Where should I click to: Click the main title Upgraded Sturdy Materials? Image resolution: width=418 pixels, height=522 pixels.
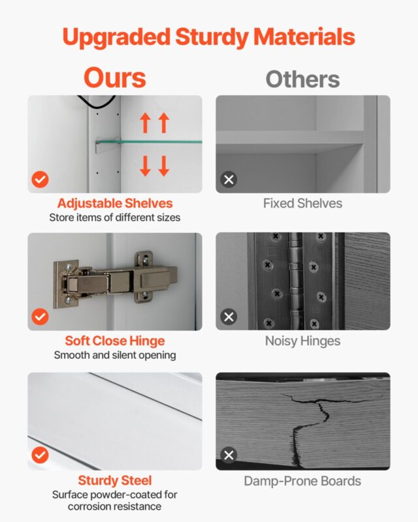point(208,38)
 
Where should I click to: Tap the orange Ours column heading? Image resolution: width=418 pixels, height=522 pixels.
point(115,78)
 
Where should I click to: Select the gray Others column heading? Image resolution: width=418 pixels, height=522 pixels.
point(302,79)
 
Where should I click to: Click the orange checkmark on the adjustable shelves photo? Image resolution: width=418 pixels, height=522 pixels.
point(40,179)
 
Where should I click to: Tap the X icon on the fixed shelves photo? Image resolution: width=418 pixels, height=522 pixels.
point(229,179)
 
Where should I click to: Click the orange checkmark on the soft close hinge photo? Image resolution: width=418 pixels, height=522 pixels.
point(40,316)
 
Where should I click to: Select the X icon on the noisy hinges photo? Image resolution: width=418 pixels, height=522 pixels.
point(229,316)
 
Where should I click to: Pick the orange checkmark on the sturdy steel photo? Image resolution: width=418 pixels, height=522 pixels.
point(40,455)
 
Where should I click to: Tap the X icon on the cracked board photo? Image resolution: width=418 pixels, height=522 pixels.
point(229,455)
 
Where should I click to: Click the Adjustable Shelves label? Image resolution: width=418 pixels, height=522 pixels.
point(115,204)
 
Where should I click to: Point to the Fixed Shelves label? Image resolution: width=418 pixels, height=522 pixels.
point(302,204)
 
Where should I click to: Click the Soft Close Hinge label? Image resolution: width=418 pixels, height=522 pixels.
point(115,341)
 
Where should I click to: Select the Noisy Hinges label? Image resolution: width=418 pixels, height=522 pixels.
point(302,341)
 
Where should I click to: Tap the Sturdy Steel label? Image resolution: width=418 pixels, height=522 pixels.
point(115,481)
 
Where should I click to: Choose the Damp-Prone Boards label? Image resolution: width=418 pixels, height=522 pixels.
point(302,482)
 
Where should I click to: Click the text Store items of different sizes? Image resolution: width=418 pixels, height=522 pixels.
point(115,218)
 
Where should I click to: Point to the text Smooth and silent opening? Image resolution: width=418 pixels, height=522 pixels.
point(115,355)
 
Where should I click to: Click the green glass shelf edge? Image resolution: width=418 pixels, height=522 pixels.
point(149,142)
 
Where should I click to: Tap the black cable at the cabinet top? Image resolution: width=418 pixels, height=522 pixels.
point(97,102)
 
